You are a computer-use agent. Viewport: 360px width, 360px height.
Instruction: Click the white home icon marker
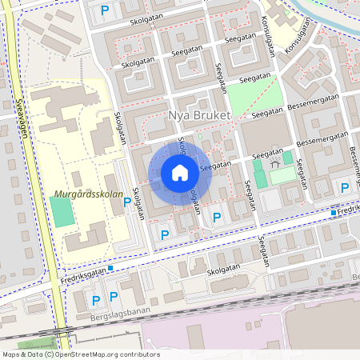(x=180, y=173)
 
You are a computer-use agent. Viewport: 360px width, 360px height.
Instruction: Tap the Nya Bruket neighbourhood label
(x=199, y=116)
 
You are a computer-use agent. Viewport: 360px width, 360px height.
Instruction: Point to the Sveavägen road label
(x=21, y=118)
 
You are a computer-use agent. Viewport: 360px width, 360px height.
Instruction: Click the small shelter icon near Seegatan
(x=274, y=162)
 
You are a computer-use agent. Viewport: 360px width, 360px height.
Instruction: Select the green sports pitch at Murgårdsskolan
(x=61, y=210)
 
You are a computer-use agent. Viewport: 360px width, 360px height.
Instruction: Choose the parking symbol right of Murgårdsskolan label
(x=127, y=202)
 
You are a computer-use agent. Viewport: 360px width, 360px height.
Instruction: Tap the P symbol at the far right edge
(x=345, y=187)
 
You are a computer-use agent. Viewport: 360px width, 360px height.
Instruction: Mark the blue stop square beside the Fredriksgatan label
(x=111, y=268)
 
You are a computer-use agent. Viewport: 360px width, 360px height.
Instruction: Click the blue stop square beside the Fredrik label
(x=334, y=212)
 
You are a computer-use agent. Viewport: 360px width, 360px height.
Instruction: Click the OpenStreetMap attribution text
(x=80, y=354)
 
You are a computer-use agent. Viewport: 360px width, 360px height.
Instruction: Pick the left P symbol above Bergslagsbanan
(x=96, y=301)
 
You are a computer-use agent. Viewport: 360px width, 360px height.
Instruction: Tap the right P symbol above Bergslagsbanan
(x=114, y=296)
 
